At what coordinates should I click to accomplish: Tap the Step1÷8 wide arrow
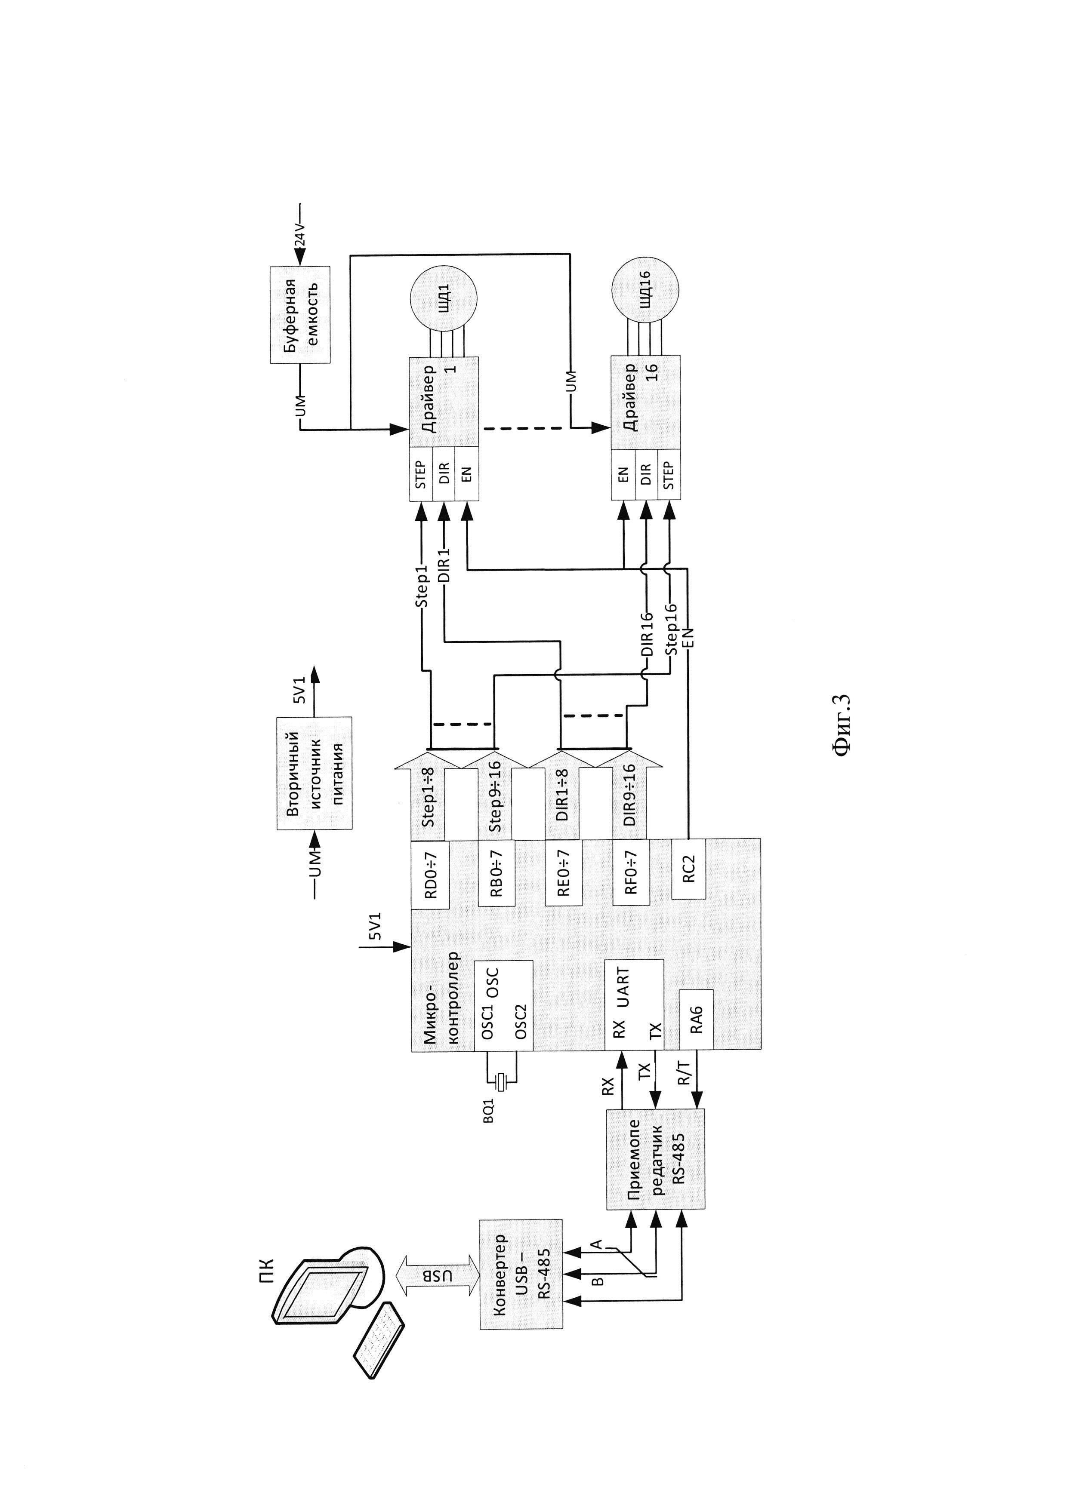pos(429,795)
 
